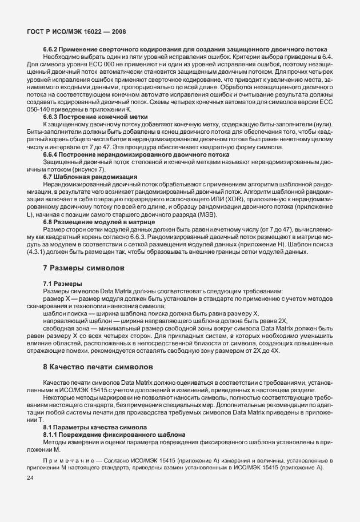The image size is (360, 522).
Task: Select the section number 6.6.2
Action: pos(53,50)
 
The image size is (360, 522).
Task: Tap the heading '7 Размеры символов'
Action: pos(84,268)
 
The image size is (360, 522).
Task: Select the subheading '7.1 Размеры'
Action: pos(62,284)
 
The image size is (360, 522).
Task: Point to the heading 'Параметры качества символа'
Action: pos(103,427)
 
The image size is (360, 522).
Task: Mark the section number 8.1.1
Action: pos(53,435)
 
